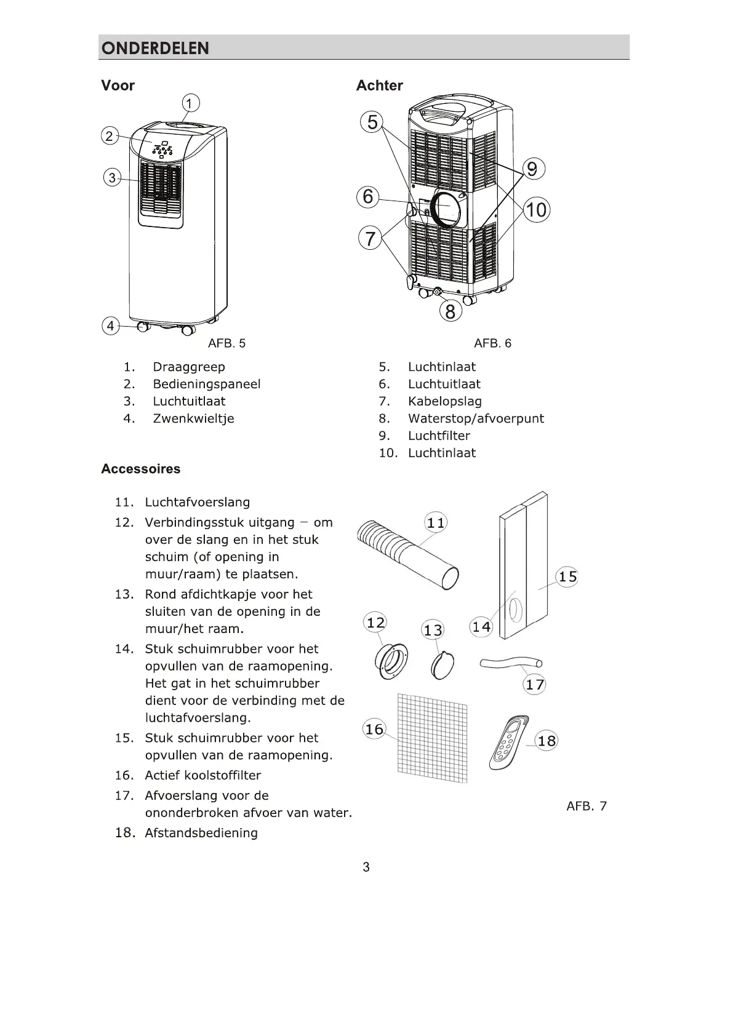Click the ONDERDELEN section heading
(155, 48)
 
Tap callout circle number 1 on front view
(190, 103)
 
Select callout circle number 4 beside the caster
(110, 325)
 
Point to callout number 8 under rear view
(450, 311)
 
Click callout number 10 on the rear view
(536, 210)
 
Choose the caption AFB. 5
(226, 343)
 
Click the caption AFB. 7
(586, 806)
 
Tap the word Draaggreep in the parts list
(189, 367)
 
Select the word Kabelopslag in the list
(444, 402)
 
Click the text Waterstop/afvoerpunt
(476, 419)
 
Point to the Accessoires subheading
(141, 469)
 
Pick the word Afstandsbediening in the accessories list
(201, 833)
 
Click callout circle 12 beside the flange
(375, 623)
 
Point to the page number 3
(366, 867)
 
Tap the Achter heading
(380, 86)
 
